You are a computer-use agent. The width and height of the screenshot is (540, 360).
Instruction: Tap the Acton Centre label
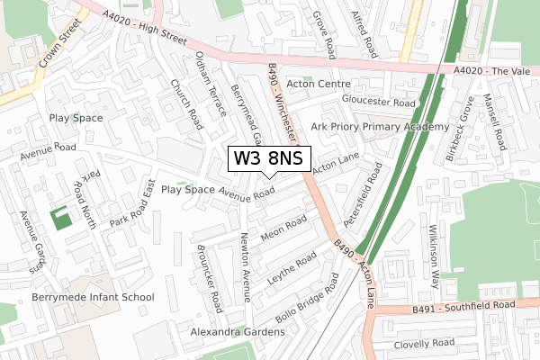click(319, 84)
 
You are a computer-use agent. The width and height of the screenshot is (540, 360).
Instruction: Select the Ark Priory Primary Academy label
click(379, 127)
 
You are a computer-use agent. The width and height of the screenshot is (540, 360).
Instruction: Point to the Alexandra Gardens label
click(237, 332)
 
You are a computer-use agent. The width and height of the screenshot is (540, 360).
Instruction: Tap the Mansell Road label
click(494, 122)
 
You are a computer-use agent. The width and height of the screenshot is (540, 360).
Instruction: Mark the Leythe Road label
click(292, 269)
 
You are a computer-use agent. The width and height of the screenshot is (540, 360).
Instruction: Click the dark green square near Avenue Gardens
click(60, 218)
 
